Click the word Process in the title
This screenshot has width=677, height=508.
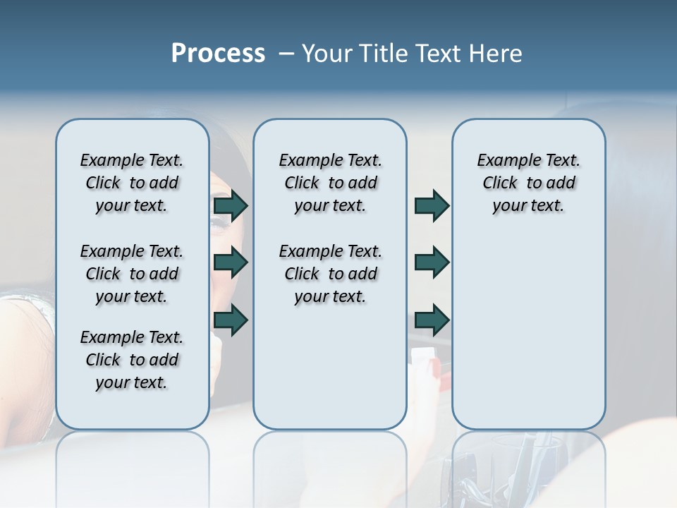pos(218,54)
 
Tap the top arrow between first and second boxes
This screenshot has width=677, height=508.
pos(231,205)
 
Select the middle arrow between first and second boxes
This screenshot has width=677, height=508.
pos(231,262)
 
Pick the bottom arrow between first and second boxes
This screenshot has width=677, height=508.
pos(231,320)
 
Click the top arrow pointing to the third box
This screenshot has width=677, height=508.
pos(432,205)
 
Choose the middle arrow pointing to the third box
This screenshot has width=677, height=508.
pos(432,262)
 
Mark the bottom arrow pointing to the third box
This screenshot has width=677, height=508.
pos(432,320)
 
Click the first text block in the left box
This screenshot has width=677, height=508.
pos(132,183)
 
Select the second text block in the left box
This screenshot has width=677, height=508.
pos(132,274)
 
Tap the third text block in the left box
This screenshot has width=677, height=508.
pos(132,360)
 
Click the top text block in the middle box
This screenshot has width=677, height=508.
pos(330,183)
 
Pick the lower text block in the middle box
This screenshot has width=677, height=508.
pos(330,274)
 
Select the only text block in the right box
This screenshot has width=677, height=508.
pos(528,183)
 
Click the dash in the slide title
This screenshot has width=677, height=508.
pos(286,54)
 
